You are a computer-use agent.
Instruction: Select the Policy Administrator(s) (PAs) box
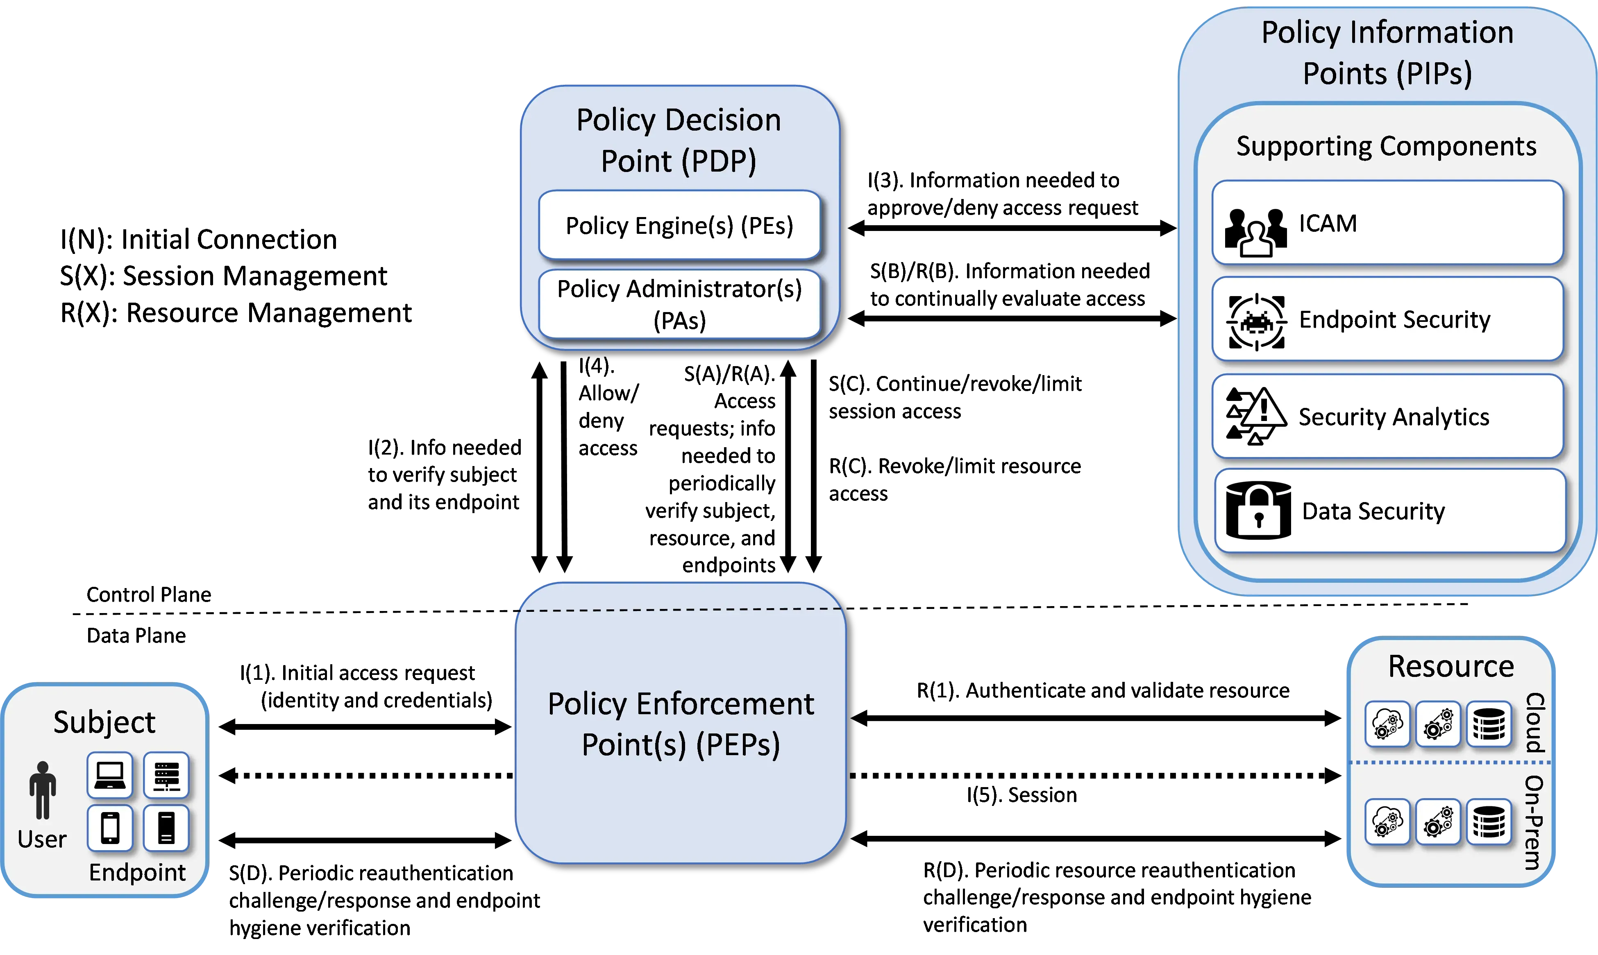(679, 304)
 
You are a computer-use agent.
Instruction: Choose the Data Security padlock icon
(1258, 510)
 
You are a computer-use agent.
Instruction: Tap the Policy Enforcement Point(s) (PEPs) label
(681, 724)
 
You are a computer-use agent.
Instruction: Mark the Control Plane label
(149, 594)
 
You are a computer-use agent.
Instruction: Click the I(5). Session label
(1022, 795)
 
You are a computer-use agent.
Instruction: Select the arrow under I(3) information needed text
(1012, 228)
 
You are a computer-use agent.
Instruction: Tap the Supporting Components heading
(1386, 147)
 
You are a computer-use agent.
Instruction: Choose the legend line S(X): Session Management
(223, 276)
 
